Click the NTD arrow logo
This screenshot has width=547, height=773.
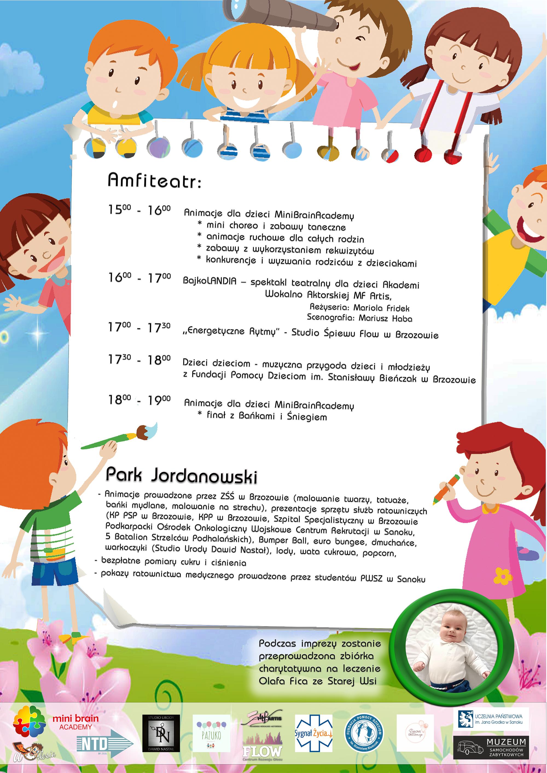105,743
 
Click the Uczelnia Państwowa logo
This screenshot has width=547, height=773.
490,719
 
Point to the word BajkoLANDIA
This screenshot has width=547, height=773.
210,281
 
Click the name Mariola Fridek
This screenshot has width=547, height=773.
381,308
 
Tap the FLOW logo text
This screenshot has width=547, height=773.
262,751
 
